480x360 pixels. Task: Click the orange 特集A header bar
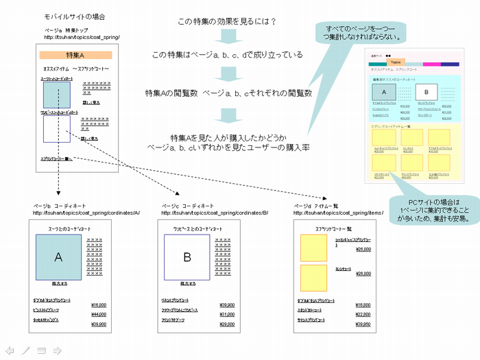(75, 56)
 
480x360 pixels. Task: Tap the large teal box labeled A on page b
(58, 257)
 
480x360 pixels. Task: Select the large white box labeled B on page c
(187, 257)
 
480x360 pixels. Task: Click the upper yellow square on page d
(314, 248)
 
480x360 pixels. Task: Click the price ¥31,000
(226, 314)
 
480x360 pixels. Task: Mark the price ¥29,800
(226, 324)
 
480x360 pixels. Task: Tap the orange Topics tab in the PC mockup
(396, 62)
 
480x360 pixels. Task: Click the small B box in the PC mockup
(426, 91)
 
